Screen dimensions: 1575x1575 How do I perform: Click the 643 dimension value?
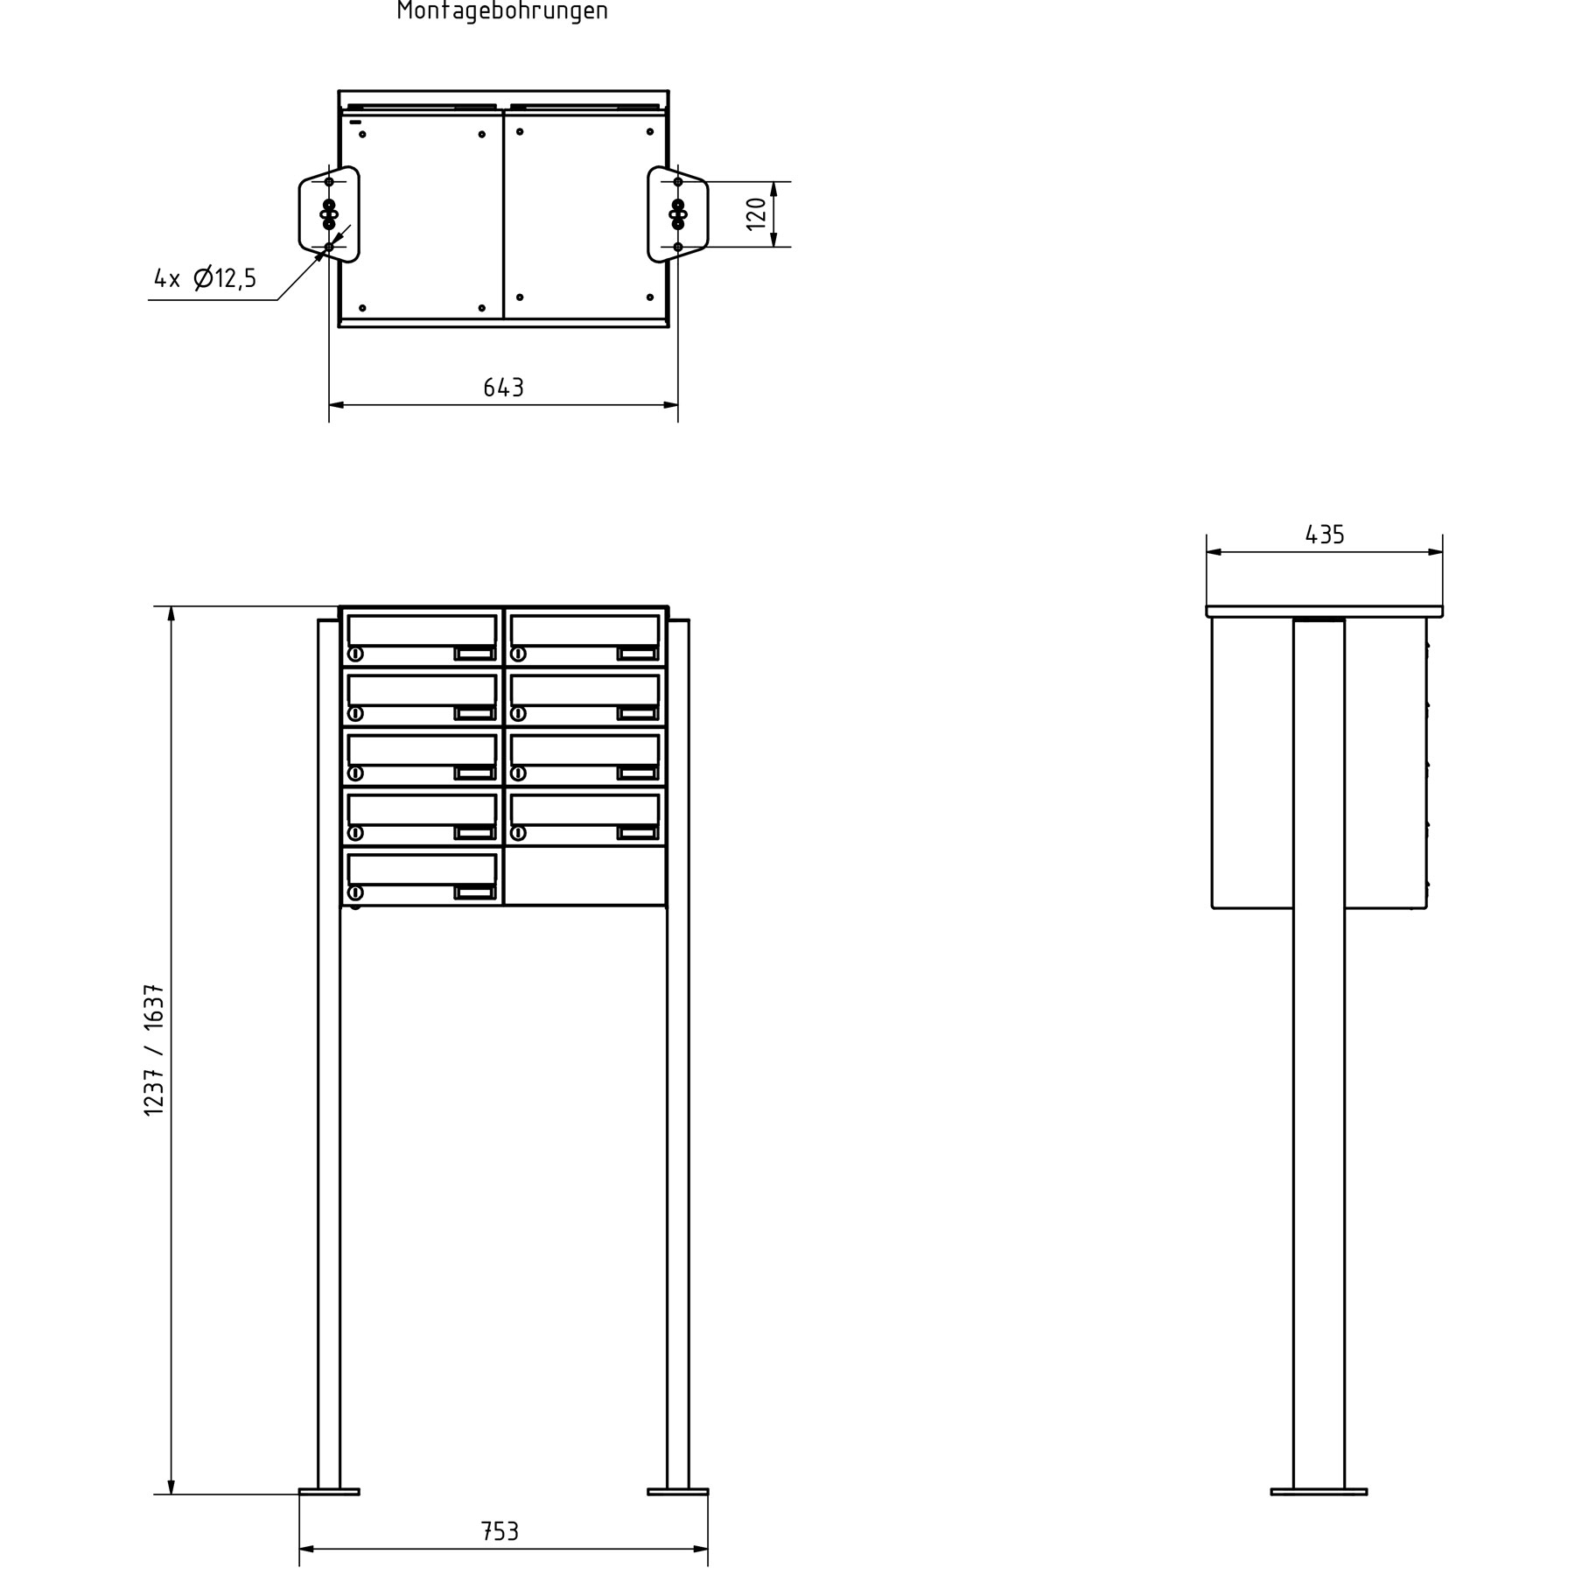(x=503, y=388)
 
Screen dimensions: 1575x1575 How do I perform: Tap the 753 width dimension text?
(x=500, y=1531)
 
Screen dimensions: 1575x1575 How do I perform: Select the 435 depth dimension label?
(x=1324, y=535)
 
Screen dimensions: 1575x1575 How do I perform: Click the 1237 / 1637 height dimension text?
(x=154, y=1049)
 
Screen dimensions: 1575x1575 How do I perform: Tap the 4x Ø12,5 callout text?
(x=206, y=279)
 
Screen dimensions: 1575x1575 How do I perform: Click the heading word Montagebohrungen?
(x=502, y=11)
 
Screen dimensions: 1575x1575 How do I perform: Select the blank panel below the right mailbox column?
(x=584, y=875)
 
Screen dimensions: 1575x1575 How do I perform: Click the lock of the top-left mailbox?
(x=355, y=654)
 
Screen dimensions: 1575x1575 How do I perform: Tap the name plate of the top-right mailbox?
(x=637, y=654)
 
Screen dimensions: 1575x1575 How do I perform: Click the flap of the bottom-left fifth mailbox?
(x=422, y=869)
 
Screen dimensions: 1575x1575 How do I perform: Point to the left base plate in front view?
(x=329, y=1491)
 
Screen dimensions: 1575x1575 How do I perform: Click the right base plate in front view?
(x=678, y=1491)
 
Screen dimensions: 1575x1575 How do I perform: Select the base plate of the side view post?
(x=1319, y=1491)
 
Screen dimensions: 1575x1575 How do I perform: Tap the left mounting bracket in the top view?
(x=330, y=214)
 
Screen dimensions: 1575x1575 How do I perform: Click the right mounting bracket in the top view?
(x=677, y=214)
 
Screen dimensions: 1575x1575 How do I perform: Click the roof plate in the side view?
(x=1324, y=612)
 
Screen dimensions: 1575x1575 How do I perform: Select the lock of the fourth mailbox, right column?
(x=518, y=833)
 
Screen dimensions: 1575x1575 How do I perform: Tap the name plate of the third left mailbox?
(x=474, y=773)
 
